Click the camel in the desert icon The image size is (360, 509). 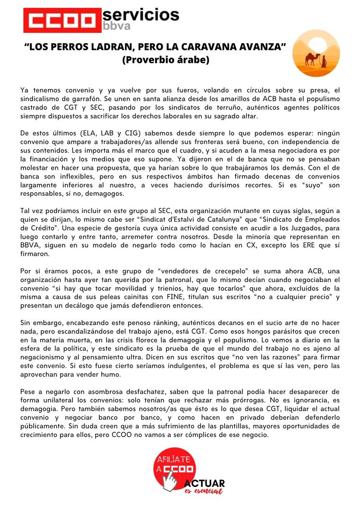pos(313,59)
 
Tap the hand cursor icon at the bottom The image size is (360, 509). pos(169,481)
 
